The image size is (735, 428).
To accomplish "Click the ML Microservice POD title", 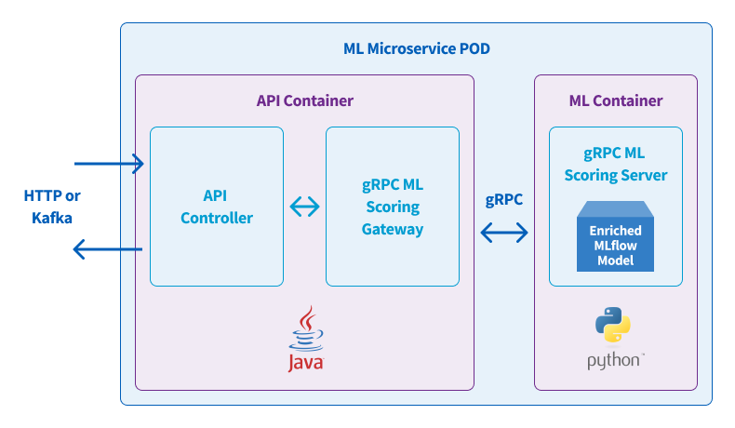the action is (416, 48).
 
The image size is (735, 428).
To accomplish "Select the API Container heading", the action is (304, 100).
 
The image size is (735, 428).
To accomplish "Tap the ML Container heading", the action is (616, 100).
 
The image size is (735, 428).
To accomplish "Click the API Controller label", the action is (217, 207).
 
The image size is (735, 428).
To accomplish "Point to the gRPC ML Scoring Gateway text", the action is (393, 207).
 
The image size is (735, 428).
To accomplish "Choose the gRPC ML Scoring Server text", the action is (616, 164).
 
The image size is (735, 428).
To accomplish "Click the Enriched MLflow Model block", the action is (616, 236).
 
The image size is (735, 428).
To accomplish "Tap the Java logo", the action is (306, 339).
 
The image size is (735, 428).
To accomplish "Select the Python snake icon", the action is (613, 325).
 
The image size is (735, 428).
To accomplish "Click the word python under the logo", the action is (613, 360).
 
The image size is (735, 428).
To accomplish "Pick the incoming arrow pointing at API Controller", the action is (109, 164).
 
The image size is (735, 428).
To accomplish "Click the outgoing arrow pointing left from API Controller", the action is (108, 249).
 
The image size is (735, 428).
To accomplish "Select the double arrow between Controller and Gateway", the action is (304, 207).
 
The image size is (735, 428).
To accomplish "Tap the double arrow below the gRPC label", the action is (504, 233).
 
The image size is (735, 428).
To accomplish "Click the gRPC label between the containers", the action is (504, 200).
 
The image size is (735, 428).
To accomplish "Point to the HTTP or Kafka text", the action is (52, 207).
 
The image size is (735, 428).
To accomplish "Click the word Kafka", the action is (52, 218).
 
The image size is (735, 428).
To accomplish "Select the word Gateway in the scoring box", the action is (393, 229).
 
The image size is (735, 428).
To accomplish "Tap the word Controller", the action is (217, 218).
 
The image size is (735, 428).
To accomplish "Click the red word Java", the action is (306, 363).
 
